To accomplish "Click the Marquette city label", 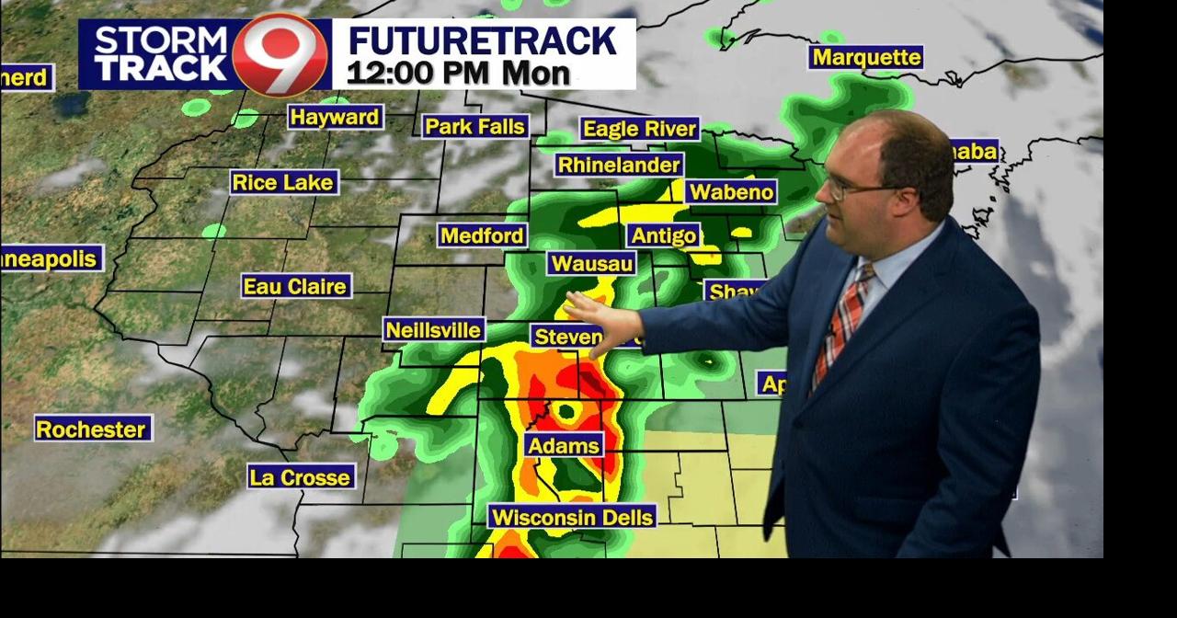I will click(x=866, y=58).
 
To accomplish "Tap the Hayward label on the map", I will click(x=335, y=118).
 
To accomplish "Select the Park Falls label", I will click(x=475, y=127).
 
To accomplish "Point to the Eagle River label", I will click(x=640, y=130).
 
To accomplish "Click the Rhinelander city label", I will click(x=619, y=166).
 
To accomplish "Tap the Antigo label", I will click(x=664, y=235).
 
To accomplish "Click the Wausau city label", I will click(x=591, y=264).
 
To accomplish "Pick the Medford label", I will click(x=483, y=236).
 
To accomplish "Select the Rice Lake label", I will click(x=283, y=183).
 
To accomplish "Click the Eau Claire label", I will click(x=296, y=287).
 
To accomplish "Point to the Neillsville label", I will click(x=434, y=330).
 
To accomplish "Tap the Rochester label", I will click(x=92, y=429).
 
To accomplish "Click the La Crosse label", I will click(x=301, y=477).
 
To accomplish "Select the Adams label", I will click(x=565, y=446).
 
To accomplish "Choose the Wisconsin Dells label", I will click(x=572, y=517).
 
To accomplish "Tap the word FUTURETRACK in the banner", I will click(x=482, y=41).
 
